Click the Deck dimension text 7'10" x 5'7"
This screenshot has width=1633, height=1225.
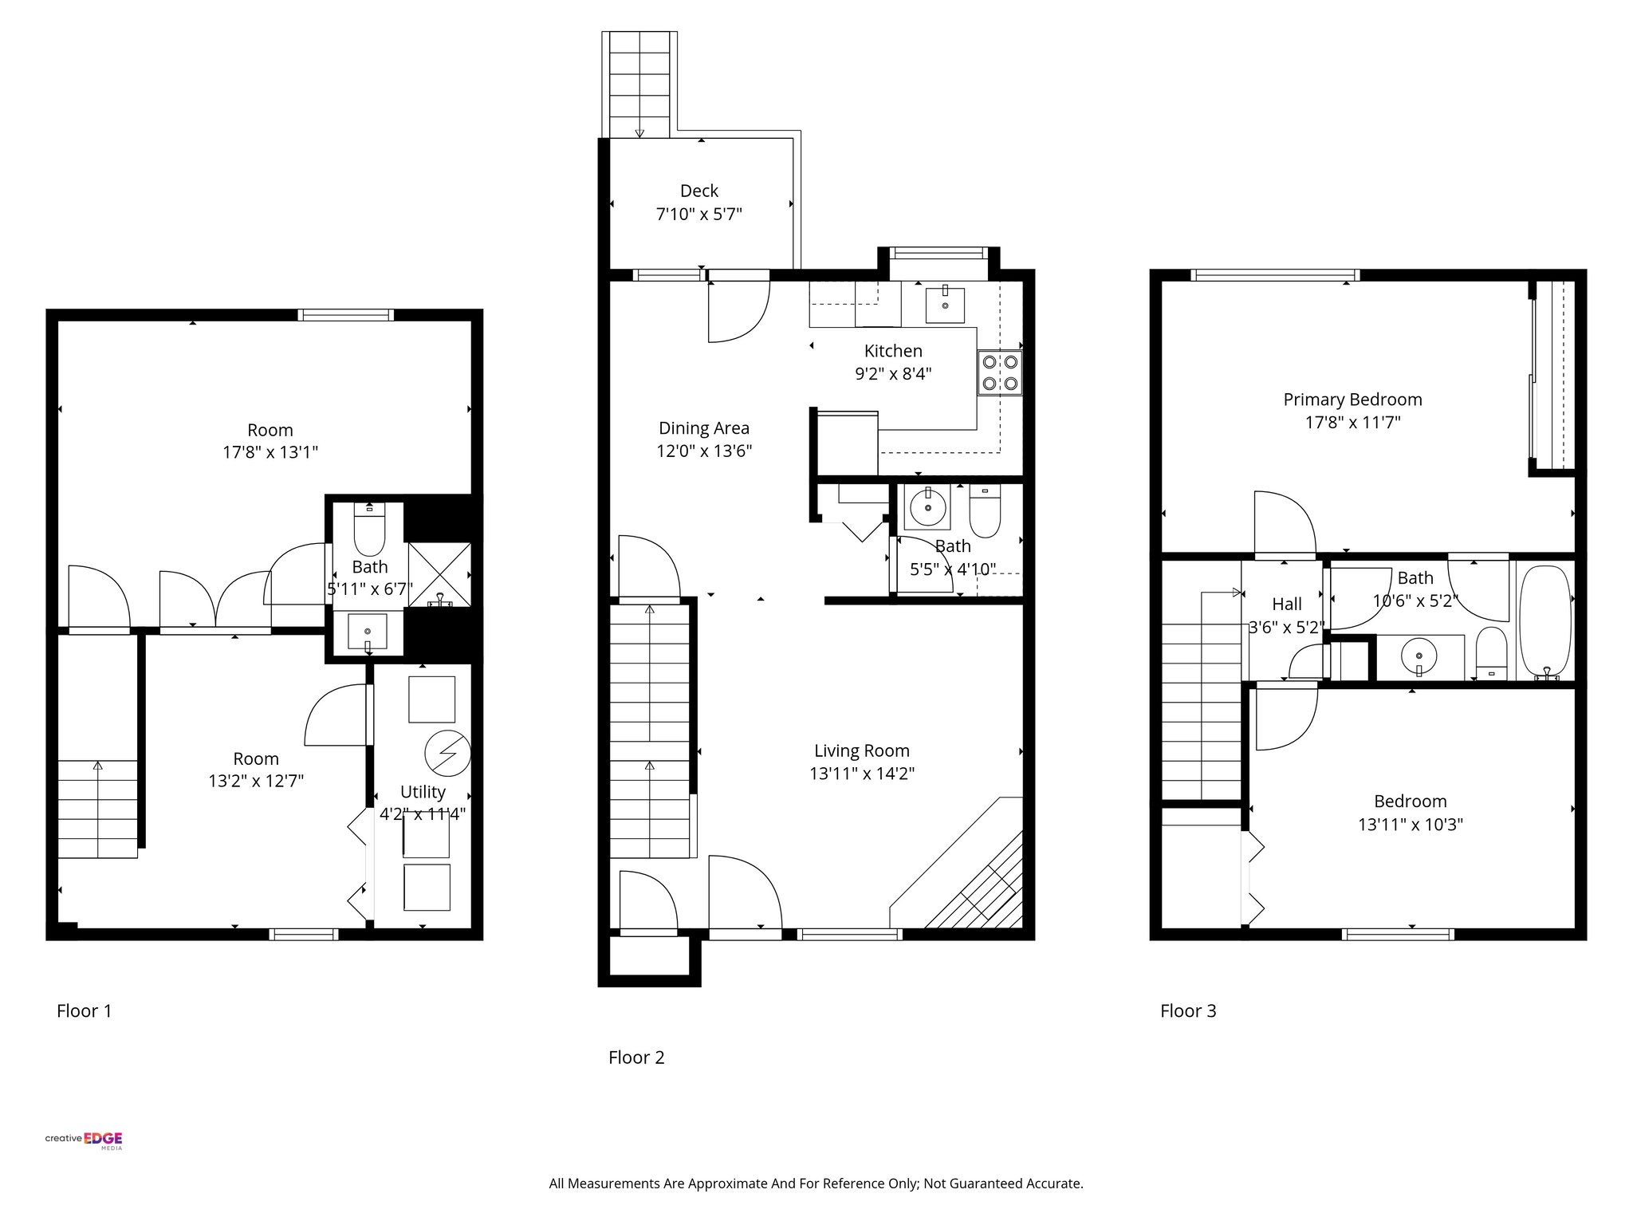[x=698, y=215]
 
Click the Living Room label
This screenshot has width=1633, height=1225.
[x=861, y=750]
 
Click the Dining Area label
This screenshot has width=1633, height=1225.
[x=703, y=428]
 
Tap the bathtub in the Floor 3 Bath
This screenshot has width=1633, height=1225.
[x=1545, y=622]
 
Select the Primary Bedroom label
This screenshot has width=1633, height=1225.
[x=1352, y=400]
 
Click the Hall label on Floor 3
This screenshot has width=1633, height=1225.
[x=1286, y=605]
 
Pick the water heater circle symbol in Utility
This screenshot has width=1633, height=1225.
[x=447, y=754]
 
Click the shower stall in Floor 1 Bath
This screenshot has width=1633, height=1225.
[x=439, y=574]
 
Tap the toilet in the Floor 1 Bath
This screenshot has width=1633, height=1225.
[x=368, y=530]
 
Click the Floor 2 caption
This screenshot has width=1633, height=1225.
[x=635, y=1058]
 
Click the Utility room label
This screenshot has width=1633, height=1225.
[x=423, y=792]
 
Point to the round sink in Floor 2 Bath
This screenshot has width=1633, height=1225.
[x=927, y=506]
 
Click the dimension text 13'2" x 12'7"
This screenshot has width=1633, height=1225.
[x=256, y=781]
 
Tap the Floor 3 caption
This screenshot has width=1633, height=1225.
[x=1187, y=1011]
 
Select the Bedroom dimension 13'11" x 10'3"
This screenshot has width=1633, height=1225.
[x=1410, y=824]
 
